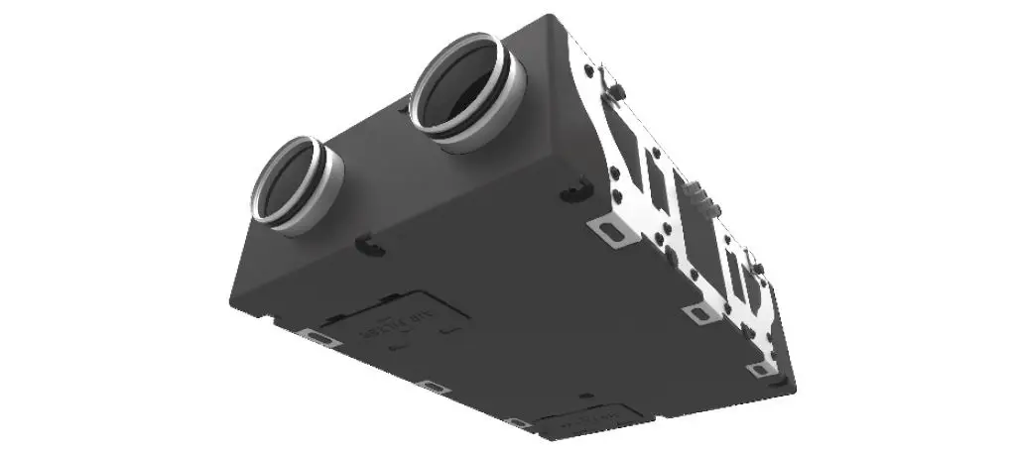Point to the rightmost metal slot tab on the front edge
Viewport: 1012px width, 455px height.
(517, 422)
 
